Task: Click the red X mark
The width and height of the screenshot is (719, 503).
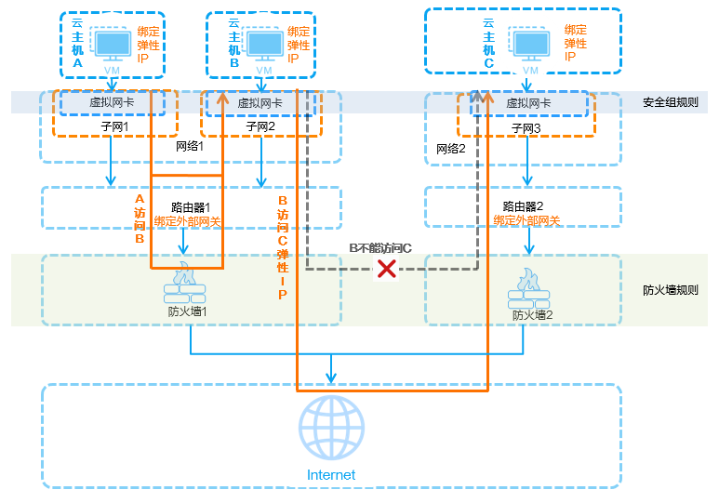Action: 386,270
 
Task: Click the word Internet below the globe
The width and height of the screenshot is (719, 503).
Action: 331,475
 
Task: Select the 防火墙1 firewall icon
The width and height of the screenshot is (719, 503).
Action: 184,285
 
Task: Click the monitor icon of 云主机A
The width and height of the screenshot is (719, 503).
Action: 113,44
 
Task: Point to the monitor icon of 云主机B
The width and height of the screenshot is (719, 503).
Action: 264,44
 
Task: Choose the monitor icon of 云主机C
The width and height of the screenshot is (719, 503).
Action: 531,43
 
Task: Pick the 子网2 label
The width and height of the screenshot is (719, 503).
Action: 261,126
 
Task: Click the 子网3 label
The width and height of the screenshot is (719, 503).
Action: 528,126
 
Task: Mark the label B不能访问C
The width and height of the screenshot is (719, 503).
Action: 380,248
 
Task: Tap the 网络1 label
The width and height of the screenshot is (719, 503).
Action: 190,147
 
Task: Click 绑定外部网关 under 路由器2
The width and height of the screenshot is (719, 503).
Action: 526,220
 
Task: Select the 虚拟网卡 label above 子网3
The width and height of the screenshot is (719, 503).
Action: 528,103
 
